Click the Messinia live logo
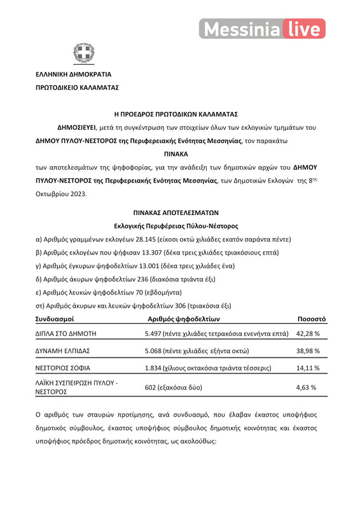[262, 29]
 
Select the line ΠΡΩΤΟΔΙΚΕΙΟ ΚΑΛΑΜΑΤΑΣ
[76, 87]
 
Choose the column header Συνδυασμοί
[55, 318]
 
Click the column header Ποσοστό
[312, 318]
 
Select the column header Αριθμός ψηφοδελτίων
[183, 318]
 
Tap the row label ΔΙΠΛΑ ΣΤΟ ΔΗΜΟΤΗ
[66, 333]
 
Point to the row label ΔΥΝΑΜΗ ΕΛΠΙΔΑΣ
[62, 351]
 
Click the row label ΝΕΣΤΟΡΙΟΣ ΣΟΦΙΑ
[62, 368]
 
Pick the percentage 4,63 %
[307, 386]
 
